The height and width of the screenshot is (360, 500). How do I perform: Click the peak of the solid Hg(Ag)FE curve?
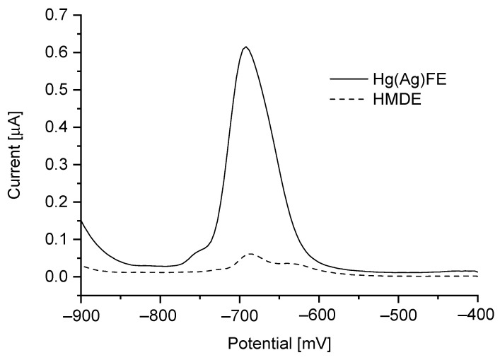click(245, 47)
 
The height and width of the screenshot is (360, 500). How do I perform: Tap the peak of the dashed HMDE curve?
click(250, 253)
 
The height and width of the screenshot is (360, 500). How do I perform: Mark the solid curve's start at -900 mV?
click(82, 221)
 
